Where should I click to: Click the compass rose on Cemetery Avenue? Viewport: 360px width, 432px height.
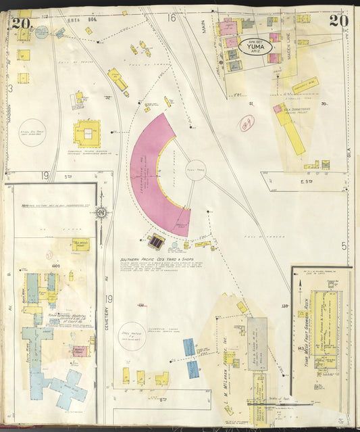coord(101,214)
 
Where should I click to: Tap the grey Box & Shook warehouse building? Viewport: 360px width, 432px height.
coord(257,343)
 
